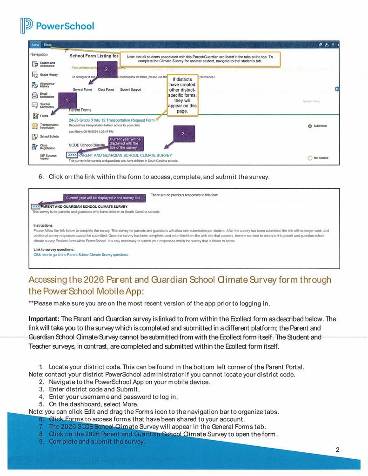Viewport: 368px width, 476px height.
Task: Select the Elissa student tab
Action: tap(48, 45)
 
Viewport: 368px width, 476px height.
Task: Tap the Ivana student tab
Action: tap(36, 45)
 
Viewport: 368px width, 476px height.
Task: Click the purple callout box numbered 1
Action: tap(68, 100)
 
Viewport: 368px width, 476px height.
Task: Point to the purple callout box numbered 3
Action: tap(183, 133)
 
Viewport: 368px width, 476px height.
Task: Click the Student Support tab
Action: tap(130, 89)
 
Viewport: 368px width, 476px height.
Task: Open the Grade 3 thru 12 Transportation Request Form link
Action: tap(112, 120)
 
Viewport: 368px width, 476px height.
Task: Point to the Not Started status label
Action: tap(321, 158)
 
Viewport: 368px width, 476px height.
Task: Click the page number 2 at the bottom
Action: tap(337, 449)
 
